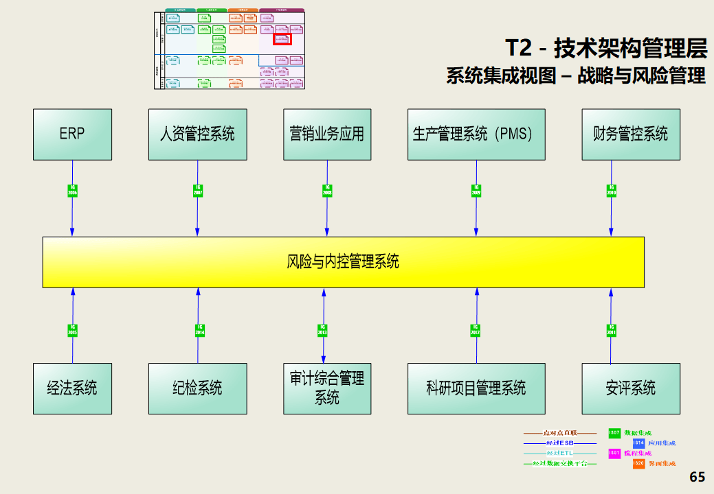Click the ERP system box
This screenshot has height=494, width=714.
tap(72, 134)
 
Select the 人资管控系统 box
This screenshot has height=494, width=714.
tap(198, 134)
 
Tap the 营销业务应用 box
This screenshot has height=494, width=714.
tap(327, 134)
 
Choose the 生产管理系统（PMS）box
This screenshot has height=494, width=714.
tap(476, 134)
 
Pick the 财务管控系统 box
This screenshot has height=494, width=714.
tap(631, 134)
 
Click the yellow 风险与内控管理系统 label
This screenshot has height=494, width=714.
tap(343, 261)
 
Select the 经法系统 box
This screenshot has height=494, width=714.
tap(72, 388)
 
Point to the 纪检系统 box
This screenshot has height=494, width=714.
tap(198, 388)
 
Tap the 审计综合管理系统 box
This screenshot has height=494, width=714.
tap(327, 388)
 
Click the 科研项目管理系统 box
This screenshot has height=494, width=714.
tap(476, 388)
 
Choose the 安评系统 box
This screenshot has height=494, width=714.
tap(631, 388)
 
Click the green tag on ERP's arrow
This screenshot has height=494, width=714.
tap(72, 190)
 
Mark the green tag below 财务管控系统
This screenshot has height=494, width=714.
tap(611, 190)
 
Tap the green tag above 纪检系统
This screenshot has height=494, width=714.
tap(199, 330)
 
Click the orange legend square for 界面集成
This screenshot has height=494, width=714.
tap(638, 464)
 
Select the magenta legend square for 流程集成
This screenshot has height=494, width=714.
tap(614, 454)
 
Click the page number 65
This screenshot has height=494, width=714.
tap(697, 477)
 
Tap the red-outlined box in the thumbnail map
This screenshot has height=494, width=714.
tap(282, 40)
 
